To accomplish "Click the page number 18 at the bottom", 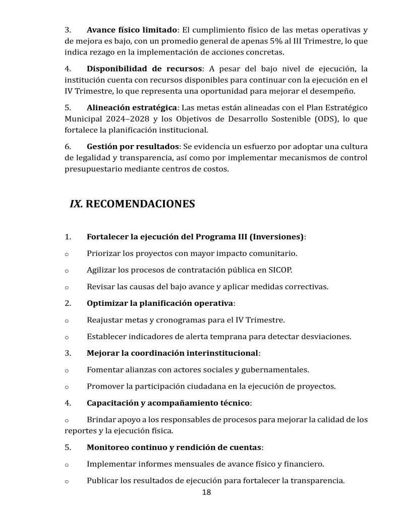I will [206, 492].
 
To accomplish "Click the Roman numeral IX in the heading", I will [76, 204].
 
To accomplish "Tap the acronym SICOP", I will [279, 270].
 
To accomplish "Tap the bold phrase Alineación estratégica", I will [132, 108].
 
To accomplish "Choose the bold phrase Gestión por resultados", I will [133, 146].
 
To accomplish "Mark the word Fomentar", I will [105, 369].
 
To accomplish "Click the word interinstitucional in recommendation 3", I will [221, 353].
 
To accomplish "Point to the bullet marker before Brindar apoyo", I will [67, 420].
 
